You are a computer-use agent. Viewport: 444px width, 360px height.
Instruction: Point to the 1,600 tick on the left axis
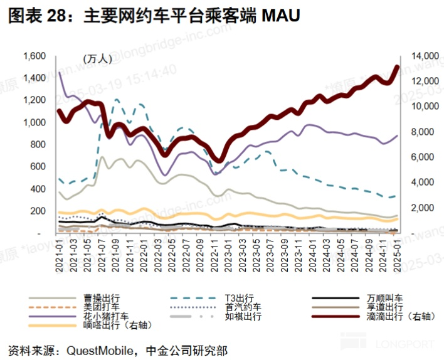(x=35, y=56)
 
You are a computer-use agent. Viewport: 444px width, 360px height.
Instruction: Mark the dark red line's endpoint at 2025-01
(x=397, y=67)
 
